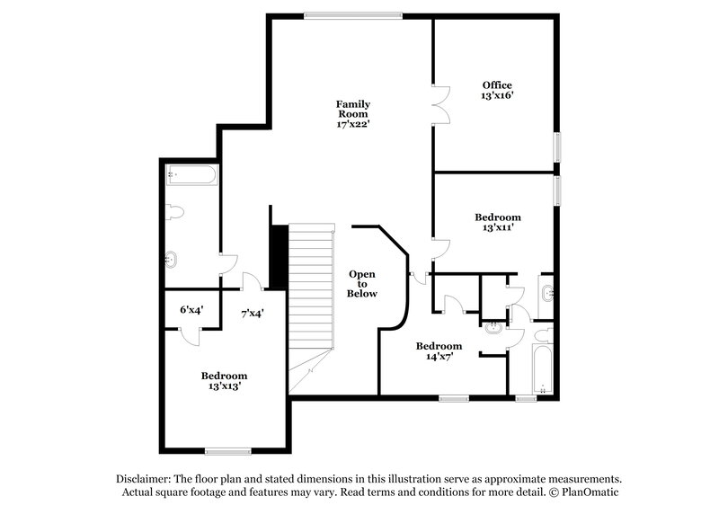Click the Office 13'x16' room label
point(497,90)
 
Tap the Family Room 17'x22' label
point(353,114)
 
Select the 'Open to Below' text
point(362,283)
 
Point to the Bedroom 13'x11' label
point(497,222)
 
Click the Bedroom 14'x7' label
point(439,350)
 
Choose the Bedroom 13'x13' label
point(224,380)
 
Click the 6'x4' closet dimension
point(191,309)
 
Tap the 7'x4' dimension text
point(252,314)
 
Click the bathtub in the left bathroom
point(191,174)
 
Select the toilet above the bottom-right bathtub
point(541,335)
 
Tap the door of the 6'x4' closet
point(191,334)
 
